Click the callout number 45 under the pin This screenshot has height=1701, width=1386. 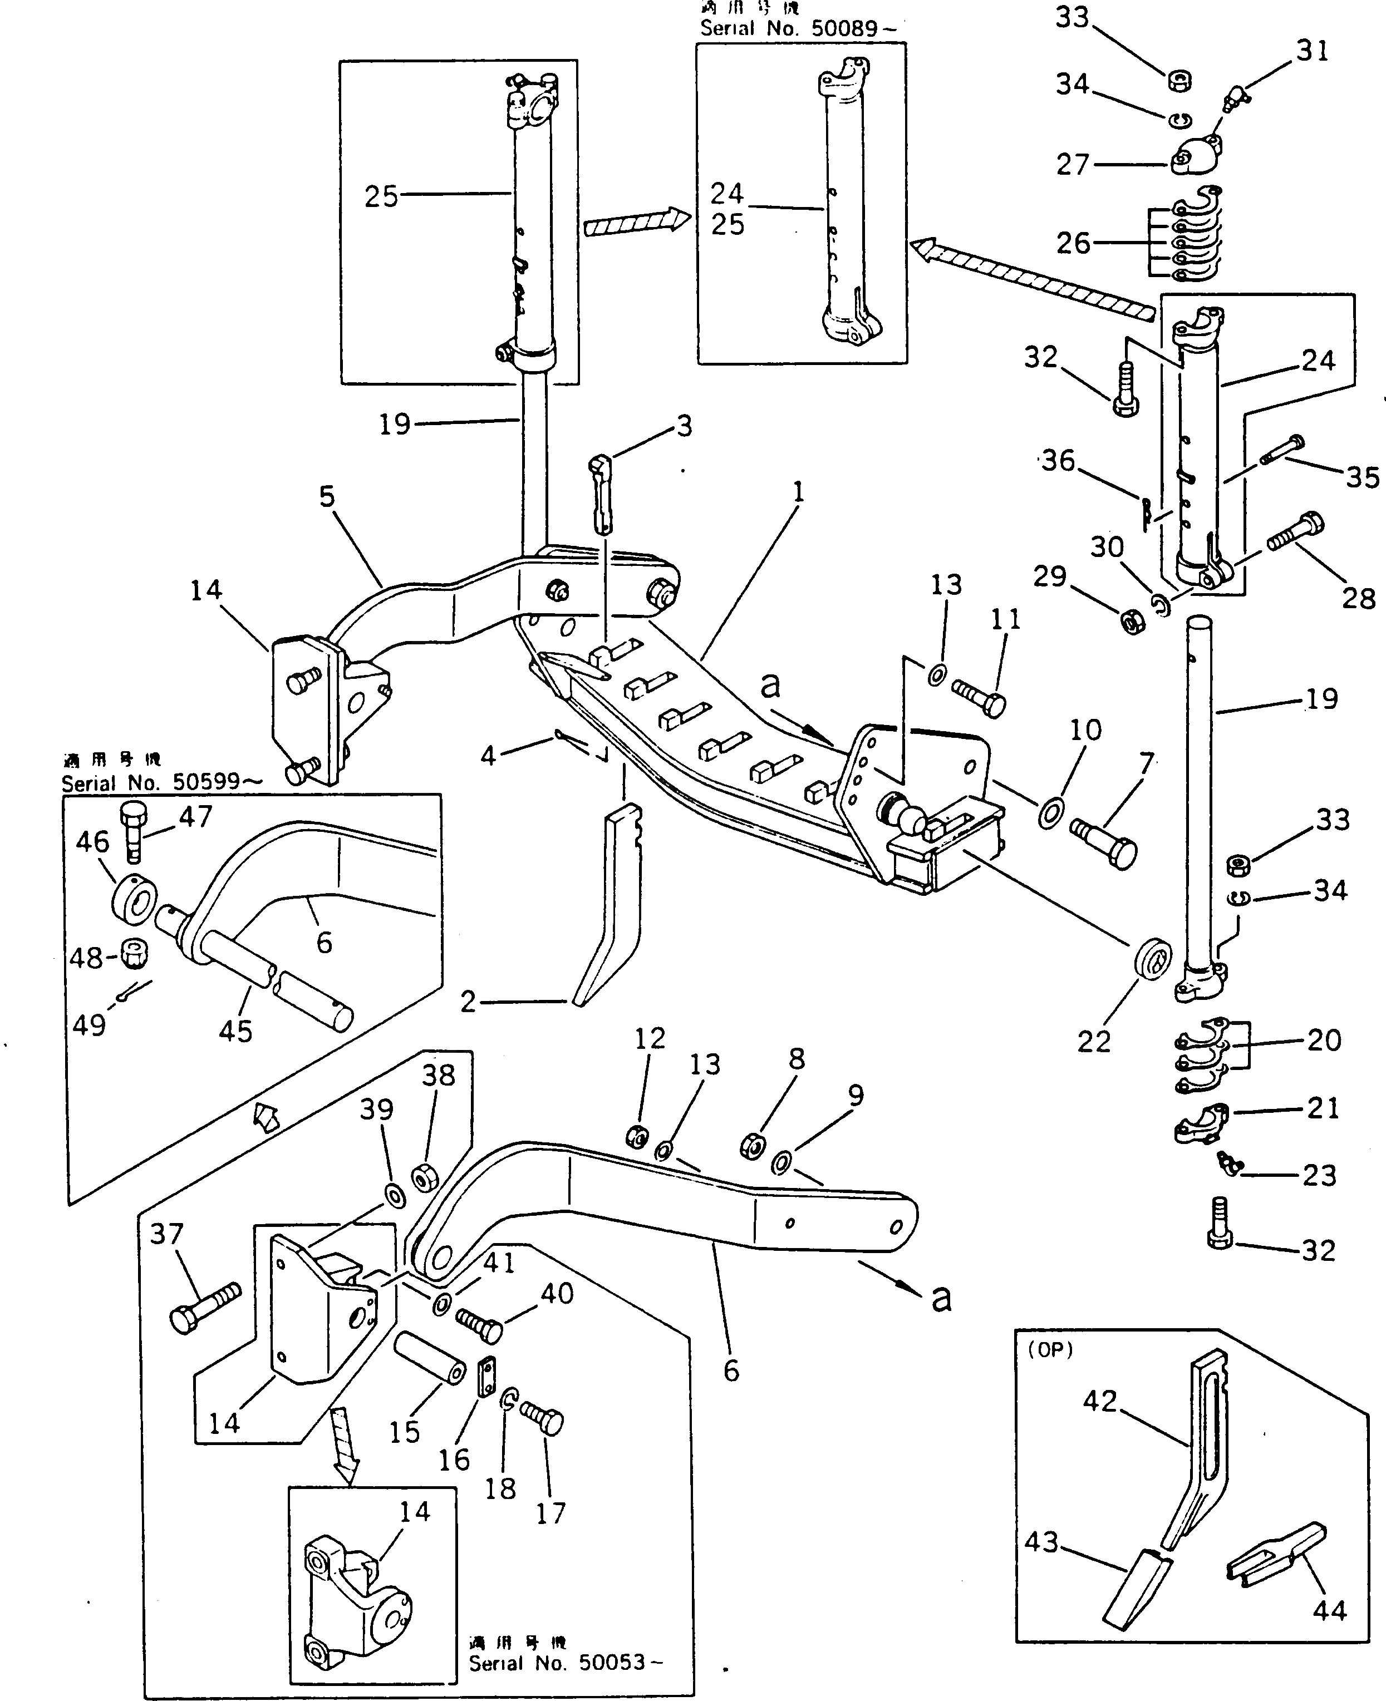pos(235,1031)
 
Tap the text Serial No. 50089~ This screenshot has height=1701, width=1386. pos(798,29)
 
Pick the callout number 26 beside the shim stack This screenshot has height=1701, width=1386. pos(1073,243)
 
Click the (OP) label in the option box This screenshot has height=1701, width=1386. pos(1050,1350)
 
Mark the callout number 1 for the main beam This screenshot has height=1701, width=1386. pos(798,492)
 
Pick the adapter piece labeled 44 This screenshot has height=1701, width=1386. pos(1275,1554)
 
